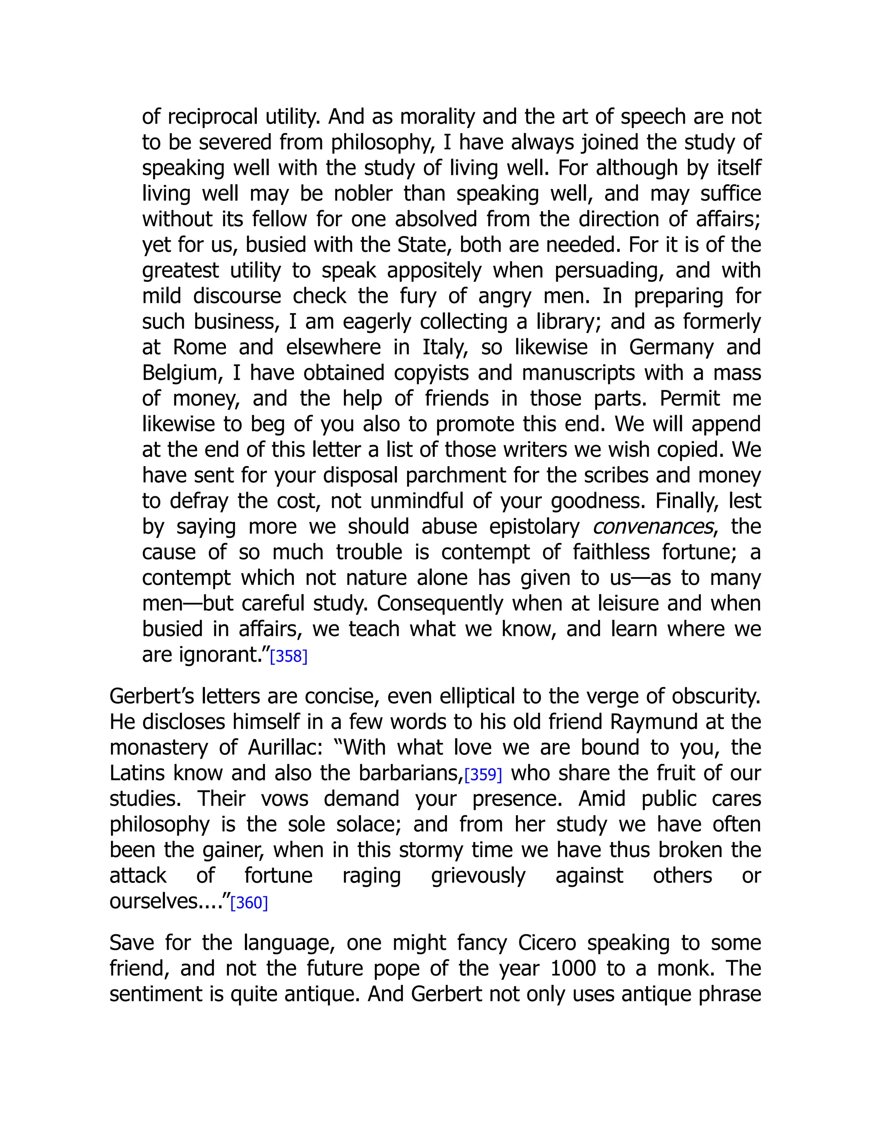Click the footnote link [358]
tap(288, 656)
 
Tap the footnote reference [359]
tap(483, 774)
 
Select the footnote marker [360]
tap(249, 902)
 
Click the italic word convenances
tap(653, 527)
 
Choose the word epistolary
tap(534, 527)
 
